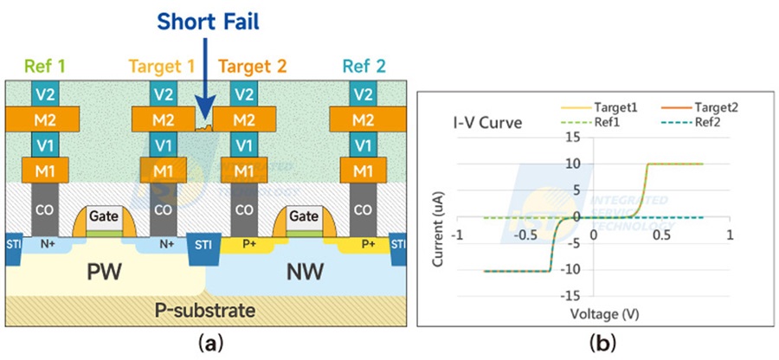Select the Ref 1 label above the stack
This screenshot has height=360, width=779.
coord(45,65)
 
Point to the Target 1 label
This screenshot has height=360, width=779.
coord(162,65)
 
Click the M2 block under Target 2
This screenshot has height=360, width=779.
coord(245,119)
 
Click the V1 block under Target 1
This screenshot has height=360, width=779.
coord(161,144)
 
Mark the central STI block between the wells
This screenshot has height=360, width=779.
coord(204,246)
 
